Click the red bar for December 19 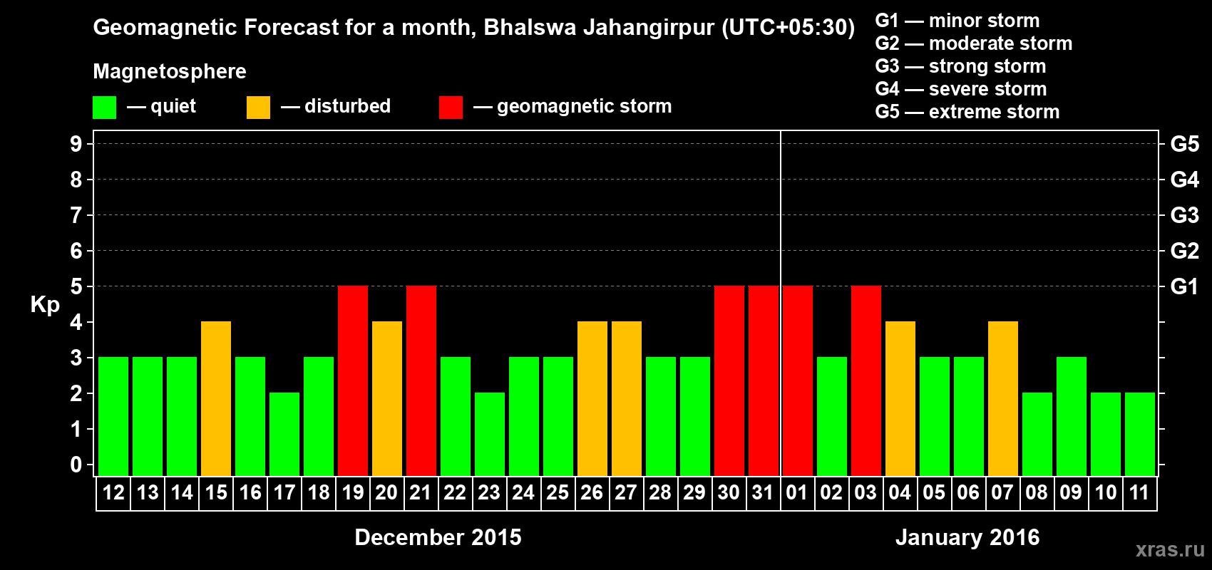(353, 380)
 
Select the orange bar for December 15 (216, 398)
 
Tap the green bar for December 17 (284, 434)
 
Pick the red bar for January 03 (866, 380)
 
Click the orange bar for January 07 (1003, 398)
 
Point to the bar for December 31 (764, 380)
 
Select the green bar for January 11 (1140, 434)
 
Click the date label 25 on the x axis (558, 493)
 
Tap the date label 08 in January (1037, 493)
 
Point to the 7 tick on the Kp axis (76, 215)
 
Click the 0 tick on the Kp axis (76, 465)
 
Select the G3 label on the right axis (1184, 215)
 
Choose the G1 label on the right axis (1184, 286)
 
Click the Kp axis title (45, 305)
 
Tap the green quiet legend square (105, 108)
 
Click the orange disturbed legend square (258, 108)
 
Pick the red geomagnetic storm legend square (451, 108)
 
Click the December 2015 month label (438, 537)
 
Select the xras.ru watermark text (1170, 549)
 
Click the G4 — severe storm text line (961, 89)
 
